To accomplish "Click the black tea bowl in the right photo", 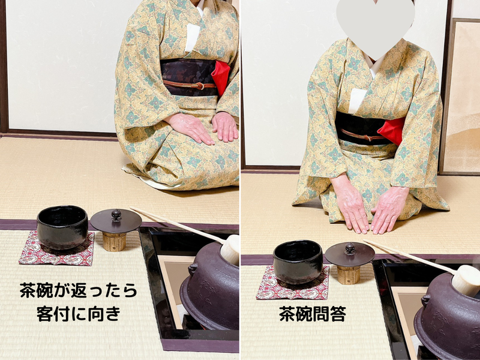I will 298,262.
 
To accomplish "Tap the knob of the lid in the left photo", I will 116,214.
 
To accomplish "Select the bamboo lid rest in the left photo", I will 114,241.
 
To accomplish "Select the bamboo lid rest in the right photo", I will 348,274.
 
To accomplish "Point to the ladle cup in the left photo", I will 231,249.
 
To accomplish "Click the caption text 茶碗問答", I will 312,314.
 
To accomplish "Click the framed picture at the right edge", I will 462,96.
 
